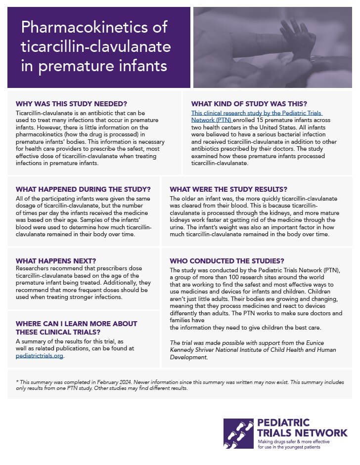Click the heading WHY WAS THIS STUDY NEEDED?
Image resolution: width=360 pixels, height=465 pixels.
click(x=71, y=104)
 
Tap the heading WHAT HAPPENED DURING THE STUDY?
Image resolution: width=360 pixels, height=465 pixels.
click(x=83, y=189)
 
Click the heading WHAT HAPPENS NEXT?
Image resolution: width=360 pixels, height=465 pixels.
click(x=55, y=260)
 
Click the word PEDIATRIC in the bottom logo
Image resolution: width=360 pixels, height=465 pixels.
click(x=283, y=423)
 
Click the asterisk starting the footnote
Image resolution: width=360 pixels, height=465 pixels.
click(x=17, y=382)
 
